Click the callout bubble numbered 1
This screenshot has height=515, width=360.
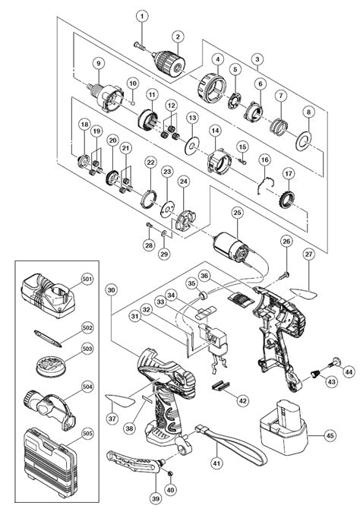coord(142,16)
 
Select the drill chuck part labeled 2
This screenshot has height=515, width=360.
coord(168,63)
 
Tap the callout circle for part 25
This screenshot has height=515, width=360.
coord(237,213)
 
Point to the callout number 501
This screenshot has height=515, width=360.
coord(88,279)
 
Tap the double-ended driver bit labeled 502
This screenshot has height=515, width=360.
coord(48,339)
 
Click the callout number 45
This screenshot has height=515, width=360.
coord(330,435)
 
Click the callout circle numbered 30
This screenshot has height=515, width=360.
coord(112,290)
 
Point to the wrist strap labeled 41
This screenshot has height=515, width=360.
coord(231,443)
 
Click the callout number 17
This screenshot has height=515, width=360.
coord(289,173)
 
